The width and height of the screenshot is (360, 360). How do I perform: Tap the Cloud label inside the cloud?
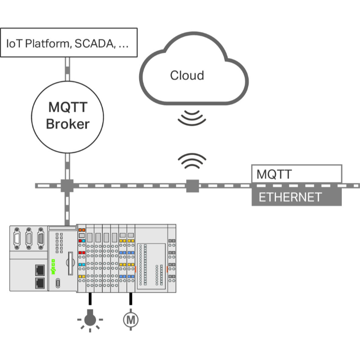tap(187, 75)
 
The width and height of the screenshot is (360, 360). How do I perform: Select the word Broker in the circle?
tap(68, 124)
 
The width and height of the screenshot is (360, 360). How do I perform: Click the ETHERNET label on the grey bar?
tap(290, 197)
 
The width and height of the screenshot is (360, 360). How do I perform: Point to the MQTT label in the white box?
tap(274, 174)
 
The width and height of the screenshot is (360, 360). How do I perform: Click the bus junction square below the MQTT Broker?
tap(67, 185)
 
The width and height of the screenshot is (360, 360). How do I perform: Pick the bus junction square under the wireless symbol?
tap(192, 185)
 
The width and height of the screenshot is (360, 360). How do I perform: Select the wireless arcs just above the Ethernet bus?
tap(192, 162)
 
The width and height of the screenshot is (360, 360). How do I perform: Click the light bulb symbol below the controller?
tap(89, 319)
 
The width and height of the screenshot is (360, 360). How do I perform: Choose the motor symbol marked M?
tap(130, 319)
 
